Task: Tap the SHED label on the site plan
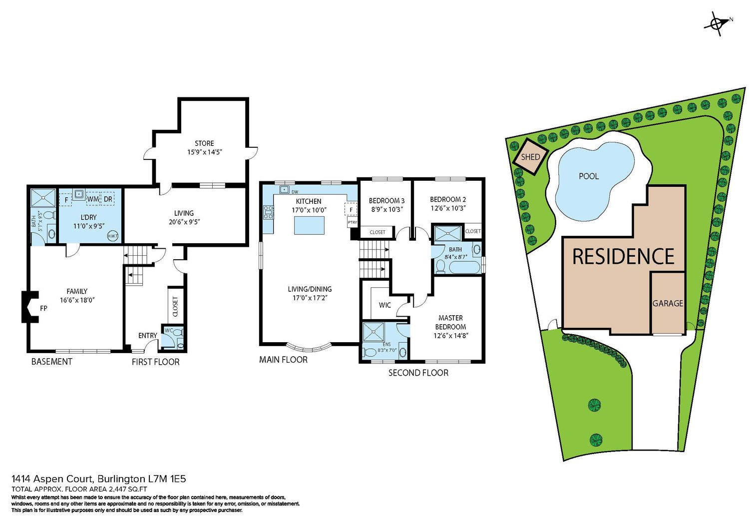tap(530, 156)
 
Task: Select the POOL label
tap(589, 176)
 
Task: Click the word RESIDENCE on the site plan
tap(623, 257)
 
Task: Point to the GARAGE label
tap(668, 303)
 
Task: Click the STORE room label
tap(204, 143)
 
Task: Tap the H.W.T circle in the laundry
tap(113, 236)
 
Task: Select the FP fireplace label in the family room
tap(43, 308)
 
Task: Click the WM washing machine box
tap(92, 199)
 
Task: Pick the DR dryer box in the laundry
tap(108, 199)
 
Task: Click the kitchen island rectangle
tap(309, 225)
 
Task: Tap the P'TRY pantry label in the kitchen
tap(352, 222)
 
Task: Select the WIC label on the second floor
tap(384, 305)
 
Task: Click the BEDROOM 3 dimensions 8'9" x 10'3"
tap(386, 209)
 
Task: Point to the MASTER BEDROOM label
tap(450, 322)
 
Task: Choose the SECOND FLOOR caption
tap(418, 373)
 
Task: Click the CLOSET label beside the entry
tap(175, 307)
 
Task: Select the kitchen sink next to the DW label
tap(284, 189)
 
